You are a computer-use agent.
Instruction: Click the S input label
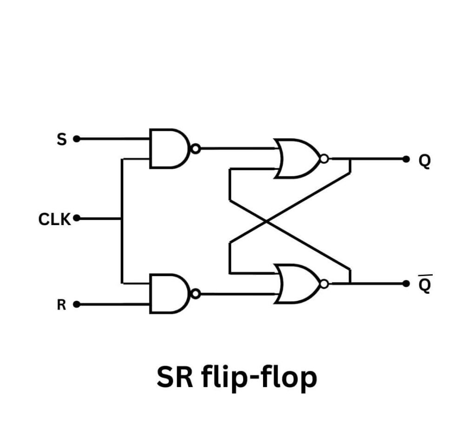tap(62, 139)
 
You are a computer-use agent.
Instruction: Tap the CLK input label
tap(54, 219)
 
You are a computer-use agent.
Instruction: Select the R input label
tap(61, 305)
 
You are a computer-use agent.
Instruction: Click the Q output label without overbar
tap(425, 161)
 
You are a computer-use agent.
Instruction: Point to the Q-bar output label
tap(425, 285)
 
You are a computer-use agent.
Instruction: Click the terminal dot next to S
tap(77, 139)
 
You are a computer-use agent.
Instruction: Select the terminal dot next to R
tap(77, 304)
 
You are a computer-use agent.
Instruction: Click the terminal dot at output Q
tap(406, 159)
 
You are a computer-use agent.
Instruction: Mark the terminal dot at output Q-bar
tap(406, 283)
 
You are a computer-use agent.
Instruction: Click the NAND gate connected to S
tap(169, 148)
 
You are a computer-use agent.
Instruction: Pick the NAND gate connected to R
tap(169, 294)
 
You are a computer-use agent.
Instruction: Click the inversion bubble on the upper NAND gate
tap(196, 148)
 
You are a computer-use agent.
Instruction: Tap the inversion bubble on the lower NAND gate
tap(196, 294)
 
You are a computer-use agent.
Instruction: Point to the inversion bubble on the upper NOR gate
tap(324, 159)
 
